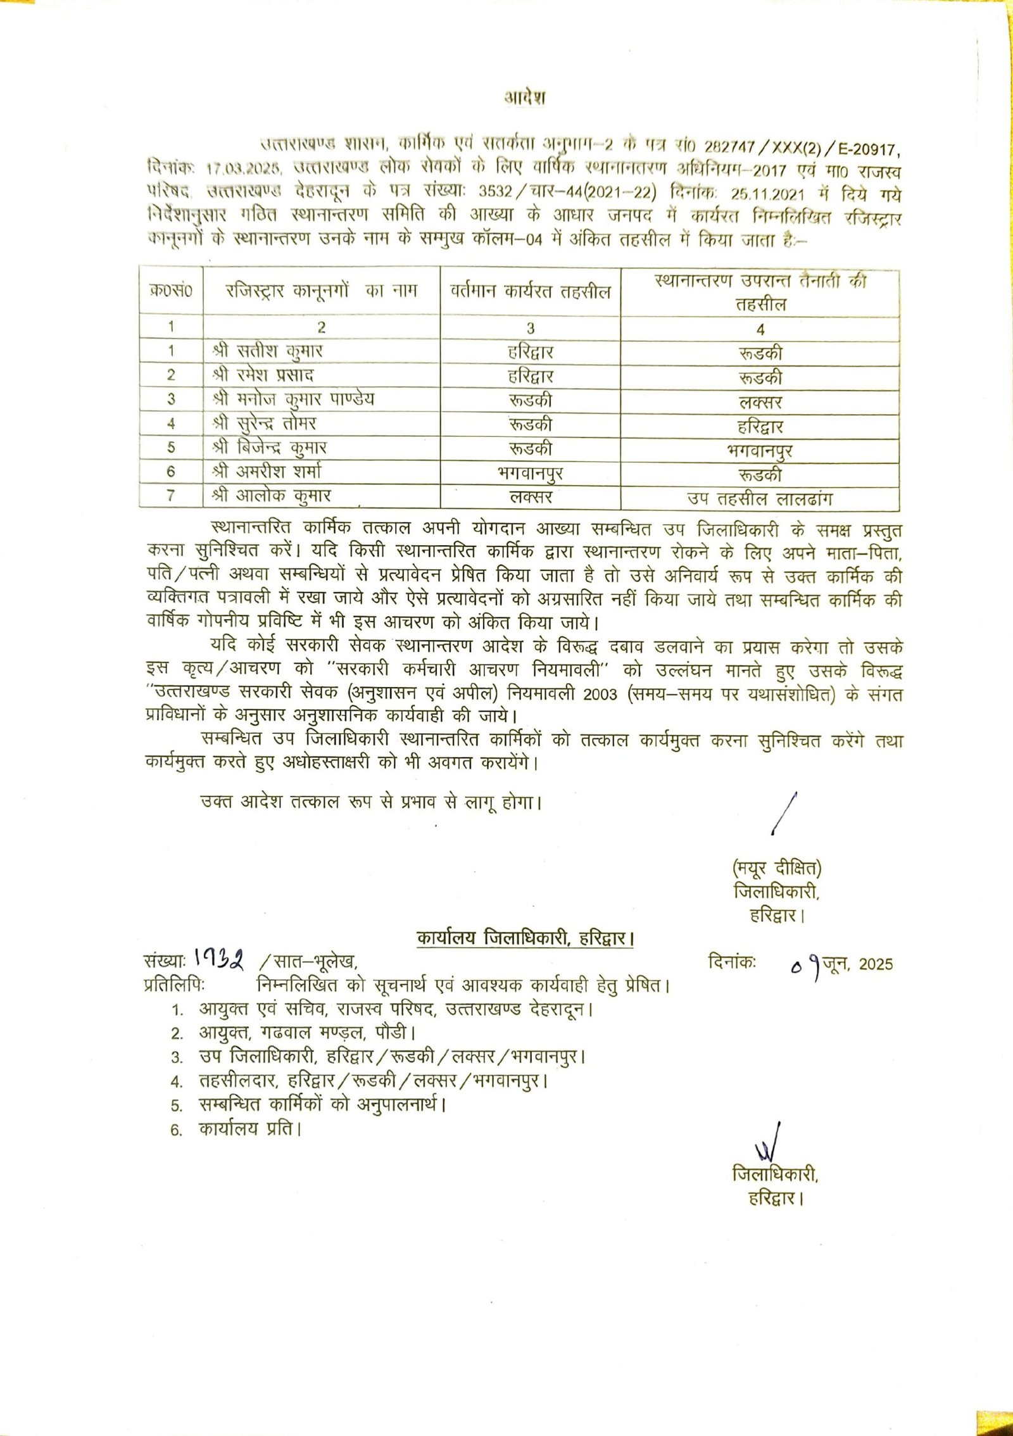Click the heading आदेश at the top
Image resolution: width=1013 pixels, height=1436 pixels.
pyautogui.click(x=525, y=98)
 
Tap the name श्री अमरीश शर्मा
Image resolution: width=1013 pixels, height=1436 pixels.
pyautogui.click(x=271, y=472)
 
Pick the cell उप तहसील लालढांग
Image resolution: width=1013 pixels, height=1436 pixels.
pyautogui.click(x=760, y=499)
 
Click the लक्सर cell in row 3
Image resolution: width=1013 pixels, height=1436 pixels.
pyautogui.click(x=760, y=402)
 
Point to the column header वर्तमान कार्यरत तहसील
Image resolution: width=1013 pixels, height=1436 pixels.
pyautogui.click(x=531, y=291)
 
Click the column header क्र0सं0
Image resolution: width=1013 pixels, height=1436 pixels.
pyautogui.click(x=171, y=291)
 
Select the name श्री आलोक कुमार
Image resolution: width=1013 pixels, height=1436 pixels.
pyautogui.click(x=272, y=496)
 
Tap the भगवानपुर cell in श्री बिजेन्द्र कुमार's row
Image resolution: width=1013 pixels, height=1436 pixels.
pyautogui.click(x=760, y=451)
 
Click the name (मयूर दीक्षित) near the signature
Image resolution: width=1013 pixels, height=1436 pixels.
pyautogui.click(x=777, y=868)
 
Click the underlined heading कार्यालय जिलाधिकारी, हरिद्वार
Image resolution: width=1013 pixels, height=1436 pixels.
pyautogui.click(x=525, y=938)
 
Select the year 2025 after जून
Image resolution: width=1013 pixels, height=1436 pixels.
pyautogui.click(x=876, y=964)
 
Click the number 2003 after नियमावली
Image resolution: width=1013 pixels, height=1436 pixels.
pyautogui.click(x=600, y=694)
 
